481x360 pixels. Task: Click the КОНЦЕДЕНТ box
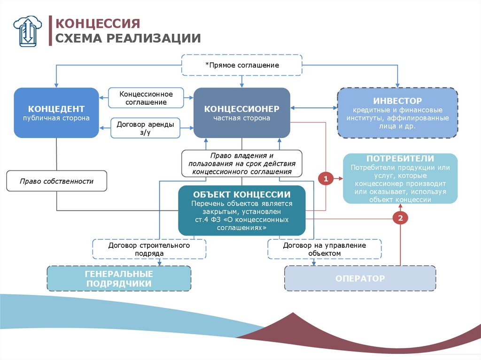56,113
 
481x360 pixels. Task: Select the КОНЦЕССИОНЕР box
241,113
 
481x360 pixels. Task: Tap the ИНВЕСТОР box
397,113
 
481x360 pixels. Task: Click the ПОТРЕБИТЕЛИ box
400,178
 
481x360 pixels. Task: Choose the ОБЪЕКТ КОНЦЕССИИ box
241,210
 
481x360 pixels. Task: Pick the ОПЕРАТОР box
360,278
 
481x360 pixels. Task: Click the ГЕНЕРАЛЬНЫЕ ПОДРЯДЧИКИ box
119,278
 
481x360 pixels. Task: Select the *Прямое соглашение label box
242,65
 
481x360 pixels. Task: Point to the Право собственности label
56,181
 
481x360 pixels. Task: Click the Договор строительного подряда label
149,249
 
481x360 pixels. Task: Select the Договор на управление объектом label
324,249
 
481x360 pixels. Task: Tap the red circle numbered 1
326,178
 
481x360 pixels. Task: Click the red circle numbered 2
400,218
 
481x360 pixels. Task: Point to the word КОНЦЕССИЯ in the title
98,23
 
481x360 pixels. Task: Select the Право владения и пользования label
241,163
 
